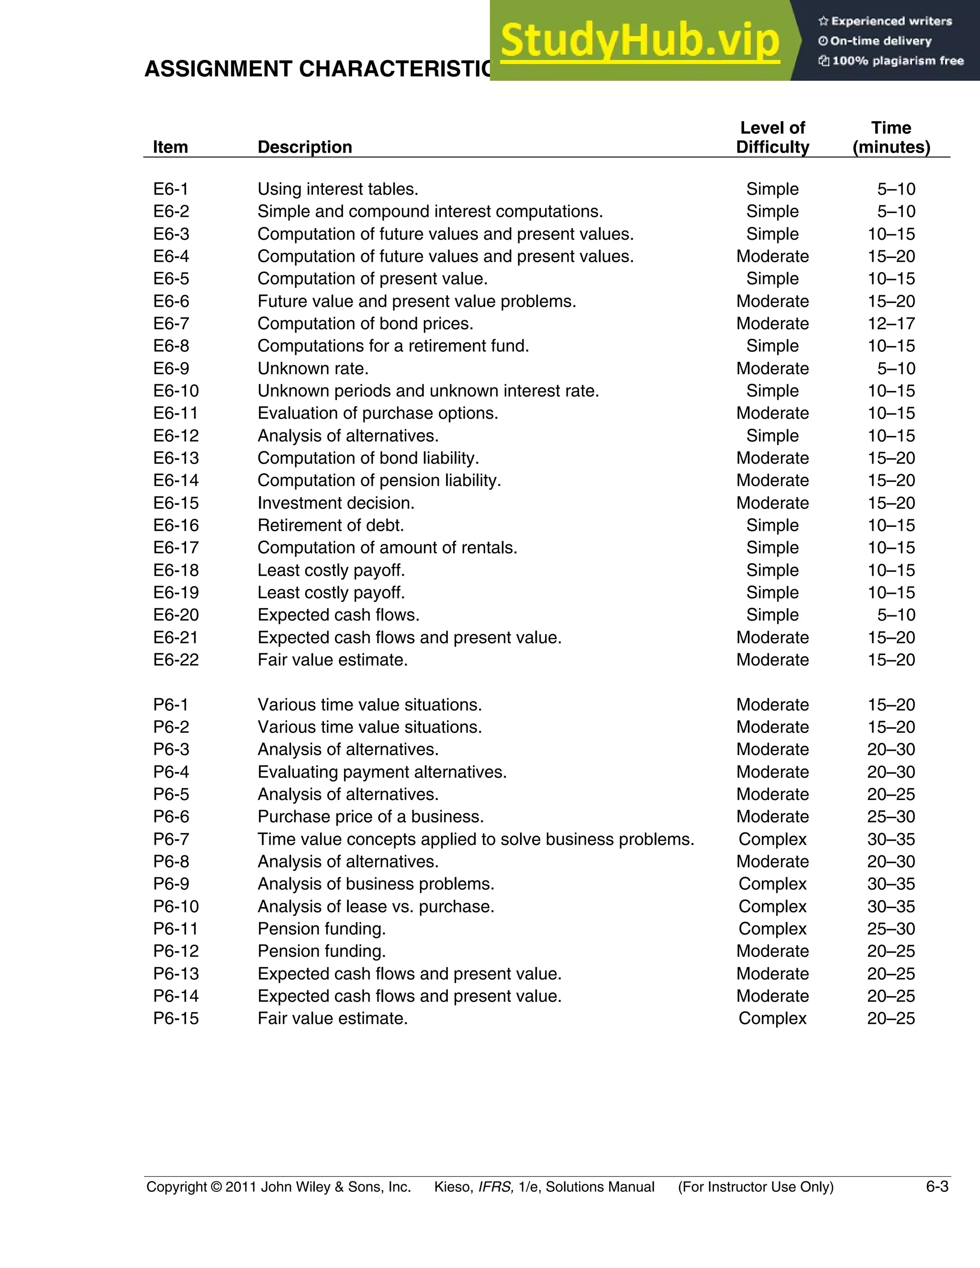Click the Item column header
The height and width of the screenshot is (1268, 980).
pyautogui.click(x=170, y=147)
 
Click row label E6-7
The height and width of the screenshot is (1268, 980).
pyautogui.click(x=171, y=323)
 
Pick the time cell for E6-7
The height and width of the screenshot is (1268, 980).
pyautogui.click(x=891, y=323)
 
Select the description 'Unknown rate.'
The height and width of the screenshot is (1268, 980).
pyautogui.click(x=313, y=368)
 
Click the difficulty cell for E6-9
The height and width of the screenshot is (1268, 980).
pyautogui.click(x=772, y=368)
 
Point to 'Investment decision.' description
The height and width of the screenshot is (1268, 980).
pyautogui.click(x=335, y=503)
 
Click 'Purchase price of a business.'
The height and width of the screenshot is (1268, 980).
pyautogui.click(x=370, y=816)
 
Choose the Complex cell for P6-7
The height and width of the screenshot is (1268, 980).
pyautogui.click(x=772, y=839)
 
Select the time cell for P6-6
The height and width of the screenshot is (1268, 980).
pyautogui.click(x=891, y=816)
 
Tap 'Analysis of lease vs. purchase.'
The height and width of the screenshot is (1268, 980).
pyautogui.click(x=376, y=906)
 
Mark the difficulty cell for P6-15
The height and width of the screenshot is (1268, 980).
pyautogui.click(x=772, y=1018)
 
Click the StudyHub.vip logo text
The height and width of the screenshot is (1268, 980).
pyautogui.click(x=639, y=41)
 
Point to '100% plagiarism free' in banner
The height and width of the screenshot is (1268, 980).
pyautogui.click(x=897, y=61)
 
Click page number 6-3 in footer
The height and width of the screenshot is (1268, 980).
pyautogui.click(x=936, y=1187)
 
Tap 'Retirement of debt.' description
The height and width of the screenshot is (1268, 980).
pyautogui.click(x=330, y=525)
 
